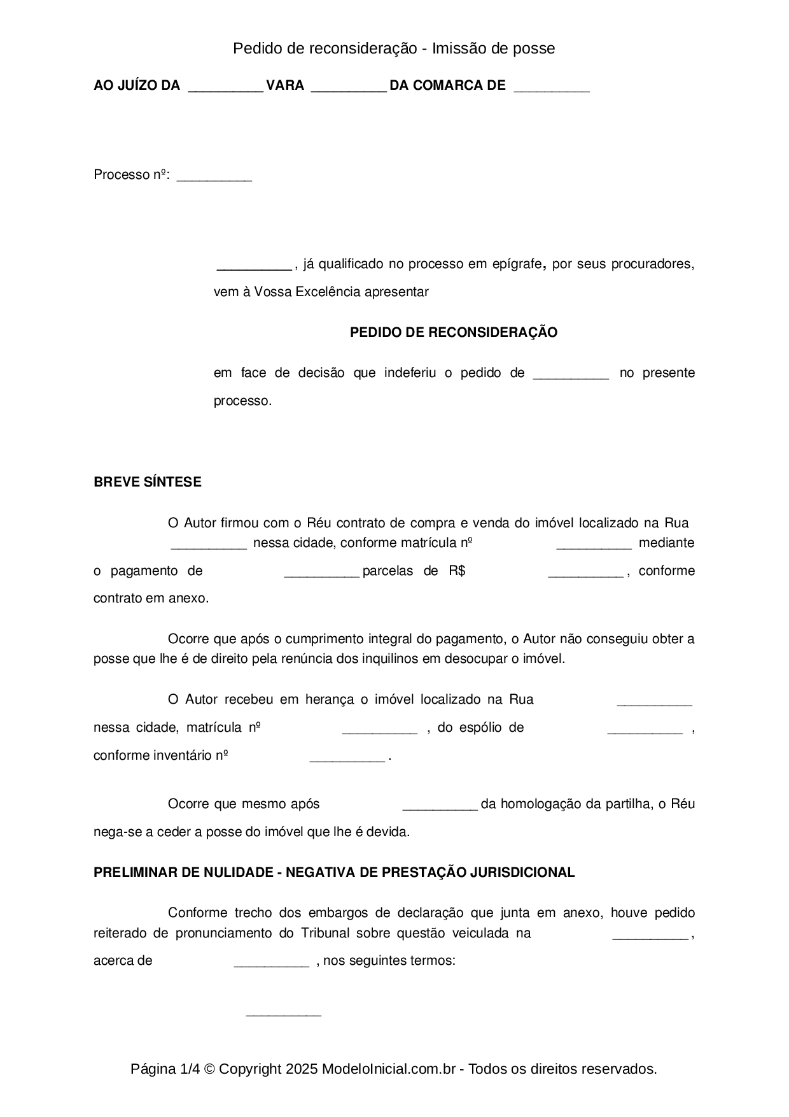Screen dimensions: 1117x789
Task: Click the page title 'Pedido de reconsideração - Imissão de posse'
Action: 394,48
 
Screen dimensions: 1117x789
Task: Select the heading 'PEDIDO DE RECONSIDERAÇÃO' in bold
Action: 454,332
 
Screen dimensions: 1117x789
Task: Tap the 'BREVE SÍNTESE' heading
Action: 148,482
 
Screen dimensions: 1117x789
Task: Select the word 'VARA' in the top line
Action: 285,85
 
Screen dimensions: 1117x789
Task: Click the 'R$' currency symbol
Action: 457,571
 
